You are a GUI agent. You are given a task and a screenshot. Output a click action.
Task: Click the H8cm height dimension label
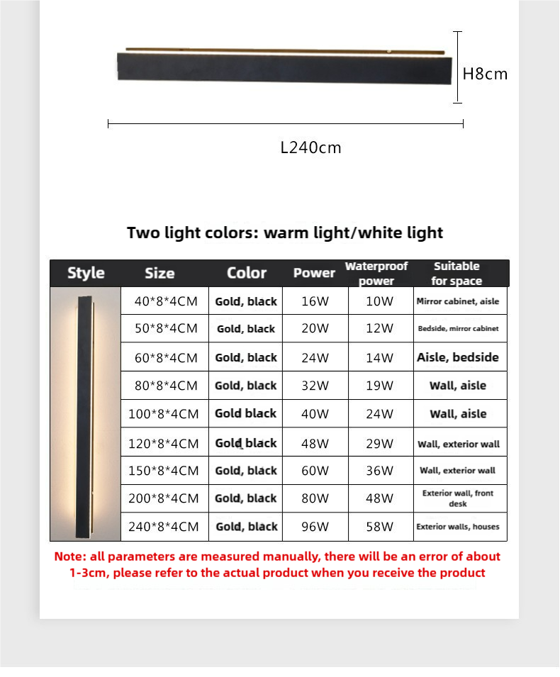click(485, 73)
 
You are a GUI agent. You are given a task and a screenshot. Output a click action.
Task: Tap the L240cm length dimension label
click(310, 147)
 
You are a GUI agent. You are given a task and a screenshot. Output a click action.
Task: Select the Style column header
click(86, 273)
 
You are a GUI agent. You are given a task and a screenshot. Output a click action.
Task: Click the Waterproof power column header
click(376, 273)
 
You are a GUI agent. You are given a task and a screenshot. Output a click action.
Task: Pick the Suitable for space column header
click(457, 273)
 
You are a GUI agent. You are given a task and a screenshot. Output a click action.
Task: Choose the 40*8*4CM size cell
click(166, 301)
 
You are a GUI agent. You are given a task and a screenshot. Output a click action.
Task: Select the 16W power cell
click(315, 301)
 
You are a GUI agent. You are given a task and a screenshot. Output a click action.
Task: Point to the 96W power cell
click(315, 527)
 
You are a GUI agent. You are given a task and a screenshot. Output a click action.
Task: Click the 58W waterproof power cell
click(379, 527)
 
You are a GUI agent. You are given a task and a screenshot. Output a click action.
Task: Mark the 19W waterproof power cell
click(379, 386)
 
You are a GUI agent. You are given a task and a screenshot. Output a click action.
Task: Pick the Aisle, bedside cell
click(457, 357)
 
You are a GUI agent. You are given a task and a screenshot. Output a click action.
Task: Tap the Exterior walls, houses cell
click(457, 527)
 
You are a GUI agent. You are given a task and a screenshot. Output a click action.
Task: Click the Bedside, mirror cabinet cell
click(458, 329)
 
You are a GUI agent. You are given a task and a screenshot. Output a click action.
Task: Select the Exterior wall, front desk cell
click(457, 498)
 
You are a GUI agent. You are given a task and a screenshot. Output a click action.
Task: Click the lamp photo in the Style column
click(86, 413)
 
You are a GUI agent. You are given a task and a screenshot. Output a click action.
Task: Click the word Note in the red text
click(69, 556)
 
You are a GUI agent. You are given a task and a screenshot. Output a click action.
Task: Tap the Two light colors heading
click(285, 233)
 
